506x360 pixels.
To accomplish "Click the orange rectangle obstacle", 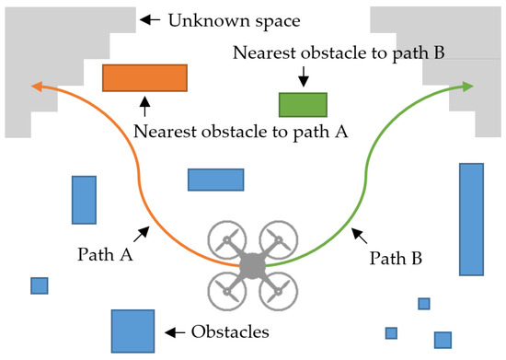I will (145, 78).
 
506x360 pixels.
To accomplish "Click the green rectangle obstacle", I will (303, 104).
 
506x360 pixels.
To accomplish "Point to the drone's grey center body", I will (252, 265).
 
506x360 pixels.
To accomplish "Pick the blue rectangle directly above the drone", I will (216, 179).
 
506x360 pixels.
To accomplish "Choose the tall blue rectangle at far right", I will (471, 218).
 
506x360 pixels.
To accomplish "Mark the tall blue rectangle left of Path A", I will (85, 199).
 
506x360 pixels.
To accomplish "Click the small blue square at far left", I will (39, 285).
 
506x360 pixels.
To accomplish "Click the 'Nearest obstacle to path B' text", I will (339, 53).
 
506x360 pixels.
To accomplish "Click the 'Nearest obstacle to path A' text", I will (240, 132).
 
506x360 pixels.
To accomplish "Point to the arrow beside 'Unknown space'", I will (152, 17).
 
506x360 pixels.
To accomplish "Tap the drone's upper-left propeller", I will (226, 240).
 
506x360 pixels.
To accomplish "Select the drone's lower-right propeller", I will (278, 291).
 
